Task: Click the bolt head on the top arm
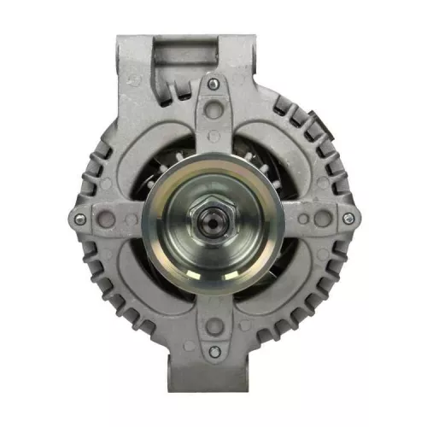pyautogui.click(x=213, y=85)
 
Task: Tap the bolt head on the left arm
pyautogui.click(x=79, y=219)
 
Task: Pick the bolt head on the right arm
pyautogui.click(x=347, y=219)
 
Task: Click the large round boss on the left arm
pyautogui.click(x=107, y=219)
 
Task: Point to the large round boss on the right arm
pyautogui.click(x=321, y=219)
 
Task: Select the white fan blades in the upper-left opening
pyautogui.click(x=167, y=158)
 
